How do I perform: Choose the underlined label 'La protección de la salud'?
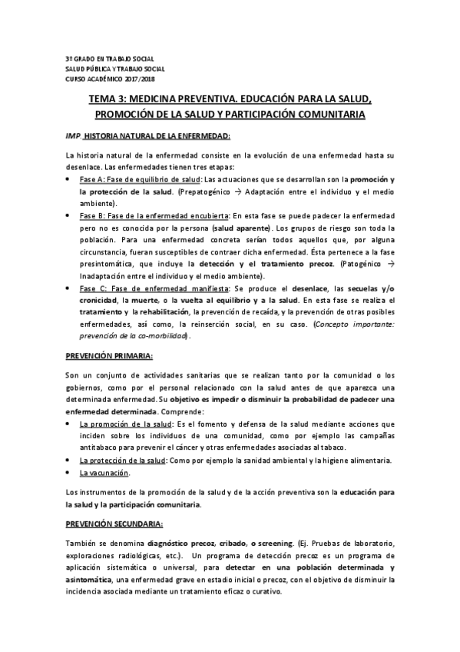(x=123, y=460)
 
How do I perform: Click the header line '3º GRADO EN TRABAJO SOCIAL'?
(x=109, y=59)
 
